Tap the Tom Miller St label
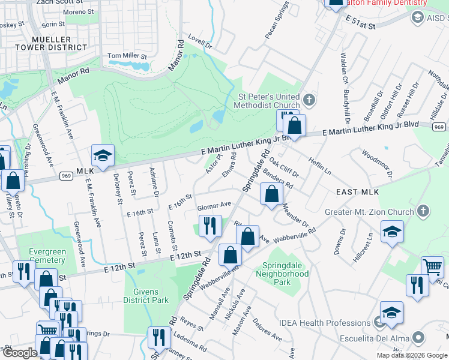point(127,56)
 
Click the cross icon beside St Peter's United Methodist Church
point(309,99)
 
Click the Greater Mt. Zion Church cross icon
point(424,211)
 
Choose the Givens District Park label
point(146,296)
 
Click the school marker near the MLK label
point(103,155)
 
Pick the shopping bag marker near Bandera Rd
point(272,193)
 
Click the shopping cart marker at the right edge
point(432,267)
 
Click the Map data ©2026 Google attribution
point(412,355)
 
